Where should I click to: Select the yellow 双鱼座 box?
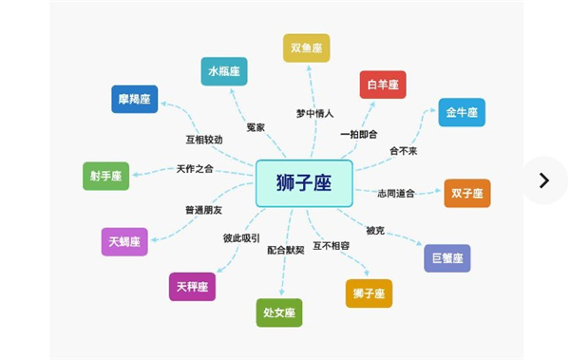306,47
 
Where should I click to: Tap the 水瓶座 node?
224,71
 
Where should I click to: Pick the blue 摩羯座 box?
135,100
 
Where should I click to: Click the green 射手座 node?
105,176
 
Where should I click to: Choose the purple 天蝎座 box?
124,242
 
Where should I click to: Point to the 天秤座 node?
192,286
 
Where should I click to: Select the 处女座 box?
279,313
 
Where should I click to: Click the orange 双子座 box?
467,194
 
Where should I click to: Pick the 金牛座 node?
462,112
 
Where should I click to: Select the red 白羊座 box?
383,85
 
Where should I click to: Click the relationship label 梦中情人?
314,114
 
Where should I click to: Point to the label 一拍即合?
360,134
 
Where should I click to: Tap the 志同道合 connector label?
396,193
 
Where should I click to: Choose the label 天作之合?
195,169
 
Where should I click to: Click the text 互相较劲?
204,140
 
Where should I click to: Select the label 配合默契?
286,250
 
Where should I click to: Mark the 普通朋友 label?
204,208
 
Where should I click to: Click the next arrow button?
543,180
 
